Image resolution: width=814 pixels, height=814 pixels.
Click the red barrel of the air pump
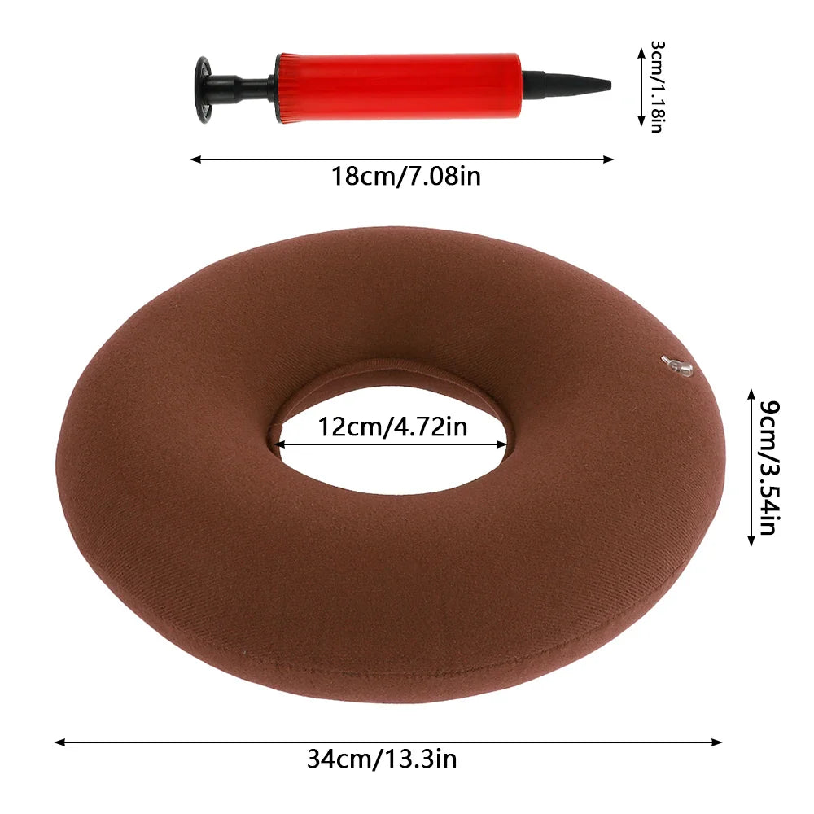pyautogui.click(x=398, y=87)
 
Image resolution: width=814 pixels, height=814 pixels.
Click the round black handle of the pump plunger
pyautogui.click(x=203, y=90)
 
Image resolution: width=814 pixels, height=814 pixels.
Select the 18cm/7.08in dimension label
pyautogui.click(x=406, y=176)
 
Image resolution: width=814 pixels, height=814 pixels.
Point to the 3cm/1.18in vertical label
pyautogui.click(x=658, y=87)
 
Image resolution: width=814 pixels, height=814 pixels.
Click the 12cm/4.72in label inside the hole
pyautogui.click(x=392, y=427)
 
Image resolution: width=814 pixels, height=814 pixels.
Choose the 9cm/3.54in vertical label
pyautogui.click(x=769, y=467)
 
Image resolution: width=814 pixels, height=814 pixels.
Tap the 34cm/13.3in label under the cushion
pyautogui.click(x=382, y=759)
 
